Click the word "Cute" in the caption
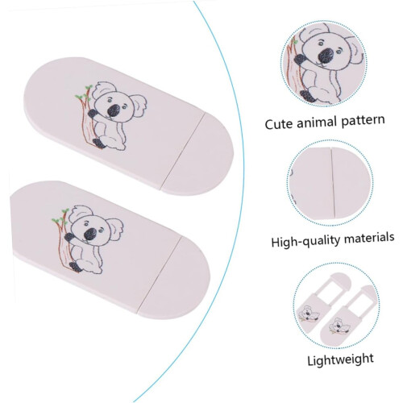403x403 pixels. point(280,124)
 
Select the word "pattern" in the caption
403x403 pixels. point(363,120)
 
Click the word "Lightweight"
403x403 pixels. point(340,359)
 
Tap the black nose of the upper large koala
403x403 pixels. point(114,110)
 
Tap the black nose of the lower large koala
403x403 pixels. point(90,234)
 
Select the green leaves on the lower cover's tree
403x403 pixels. point(60,216)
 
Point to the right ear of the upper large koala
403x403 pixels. point(140,103)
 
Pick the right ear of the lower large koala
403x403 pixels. point(116,227)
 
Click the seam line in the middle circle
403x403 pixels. point(334,183)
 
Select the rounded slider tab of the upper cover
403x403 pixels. point(199,153)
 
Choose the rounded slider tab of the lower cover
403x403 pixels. point(175,277)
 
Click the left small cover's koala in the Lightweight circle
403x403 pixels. point(310,314)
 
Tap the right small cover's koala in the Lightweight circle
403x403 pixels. point(340,326)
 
